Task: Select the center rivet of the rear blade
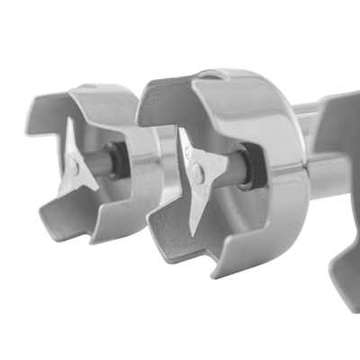[x=76, y=167]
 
